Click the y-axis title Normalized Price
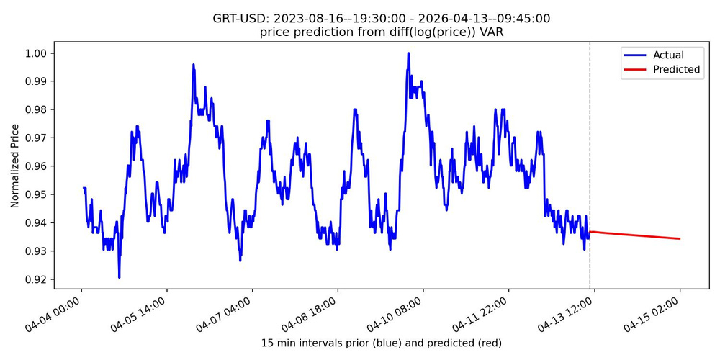pyautogui.click(x=15, y=166)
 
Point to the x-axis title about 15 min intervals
pyautogui.click(x=381, y=343)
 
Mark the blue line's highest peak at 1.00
pyautogui.click(x=408, y=53)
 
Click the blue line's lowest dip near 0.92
pyautogui.click(x=119, y=277)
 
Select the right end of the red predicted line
pyautogui.click(x=680, y=238)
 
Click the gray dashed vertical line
pyautogui.click(x=590, y=144)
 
